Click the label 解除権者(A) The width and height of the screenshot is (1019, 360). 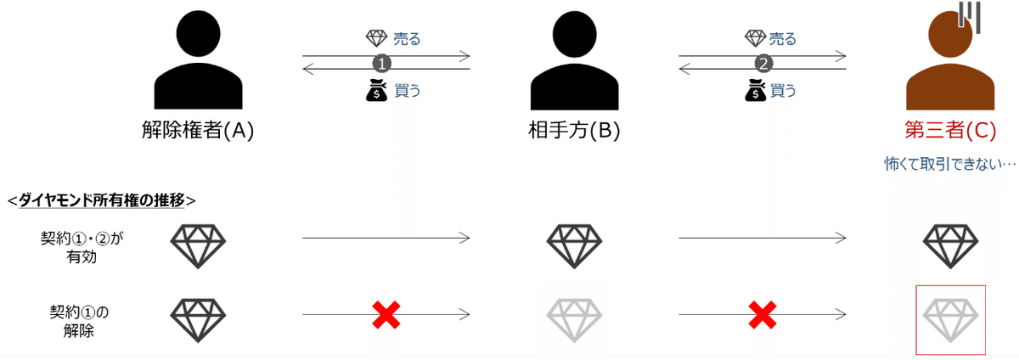(x=197, y=132)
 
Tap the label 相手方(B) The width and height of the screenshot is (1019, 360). (x=573, y=132)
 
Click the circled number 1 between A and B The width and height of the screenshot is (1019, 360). (x=383, y=63)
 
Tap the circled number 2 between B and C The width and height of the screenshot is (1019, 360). (x=763, y=63)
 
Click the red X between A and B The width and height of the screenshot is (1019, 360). (x=386, y=315)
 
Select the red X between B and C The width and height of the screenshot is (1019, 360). (x=762, y=315)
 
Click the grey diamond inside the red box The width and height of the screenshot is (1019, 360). (x=950, y=318)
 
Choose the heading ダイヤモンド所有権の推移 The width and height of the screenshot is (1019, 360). (x=101, y=200)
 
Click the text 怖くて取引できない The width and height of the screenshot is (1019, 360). (x=948, y=164)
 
